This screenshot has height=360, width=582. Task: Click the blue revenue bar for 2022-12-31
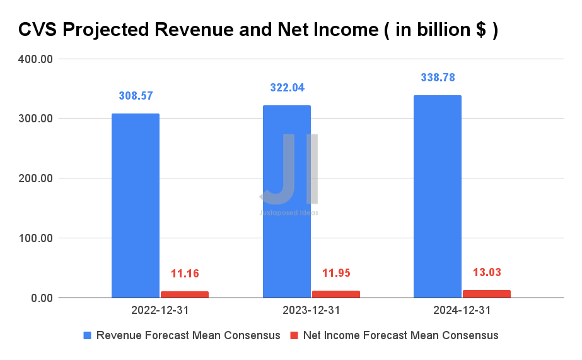(x=136, y=206)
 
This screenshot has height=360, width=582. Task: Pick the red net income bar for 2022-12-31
(x=185, y=294)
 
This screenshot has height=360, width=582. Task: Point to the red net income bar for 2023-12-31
(x=336, y=294)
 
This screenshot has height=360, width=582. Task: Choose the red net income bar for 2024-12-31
(x=487, y=294)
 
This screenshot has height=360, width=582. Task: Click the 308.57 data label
(x=136, y=96)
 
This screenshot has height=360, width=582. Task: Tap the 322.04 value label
(x=287, y=88)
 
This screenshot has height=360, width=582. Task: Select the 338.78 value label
(x=438, y=78)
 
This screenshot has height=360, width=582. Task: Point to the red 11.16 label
(x=185, y=274)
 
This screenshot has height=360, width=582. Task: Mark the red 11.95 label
(x=336, y=273)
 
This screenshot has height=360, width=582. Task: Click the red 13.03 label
(x=487, y=272)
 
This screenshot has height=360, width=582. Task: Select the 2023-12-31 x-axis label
(x=311, y=310)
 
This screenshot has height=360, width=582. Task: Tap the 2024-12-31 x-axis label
(x=462, y=310)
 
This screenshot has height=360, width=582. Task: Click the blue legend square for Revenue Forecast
(x=88, y=335)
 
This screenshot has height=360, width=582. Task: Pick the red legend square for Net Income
(x=294, y=335)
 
